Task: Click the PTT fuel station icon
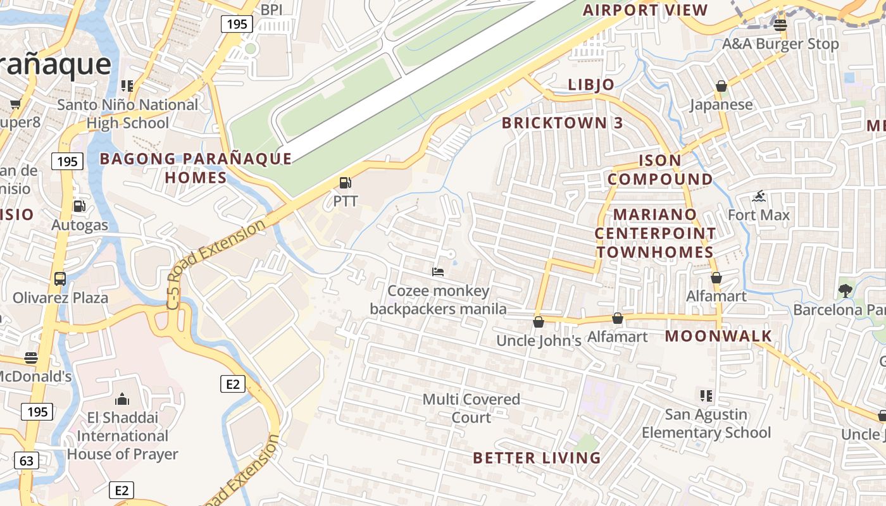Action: pos(346,183)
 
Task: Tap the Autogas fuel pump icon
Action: pos(79,206)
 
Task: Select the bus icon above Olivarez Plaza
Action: pos(60,278)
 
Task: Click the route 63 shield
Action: pos(26,460)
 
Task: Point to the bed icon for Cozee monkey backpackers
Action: pos(437,272)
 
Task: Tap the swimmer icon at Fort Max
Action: pos(759,196)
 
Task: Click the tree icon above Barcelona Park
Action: pos(845,291)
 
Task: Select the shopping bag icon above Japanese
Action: pos(721,86)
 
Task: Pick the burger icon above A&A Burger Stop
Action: pos(780,25)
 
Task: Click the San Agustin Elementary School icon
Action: pos(706,396)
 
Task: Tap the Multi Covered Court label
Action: pos(471,408)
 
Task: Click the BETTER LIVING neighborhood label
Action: pos(537,457)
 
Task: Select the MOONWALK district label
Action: pos(718,336)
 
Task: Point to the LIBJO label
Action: pos(591,85)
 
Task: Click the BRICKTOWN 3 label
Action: pos(563,123)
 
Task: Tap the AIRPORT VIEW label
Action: pos(645,10)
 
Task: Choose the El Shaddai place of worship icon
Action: pos(122,399)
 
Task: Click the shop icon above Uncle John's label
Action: pos(539,322)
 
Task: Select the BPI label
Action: pos(271,9)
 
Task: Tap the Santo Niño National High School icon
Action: pos(127,86)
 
